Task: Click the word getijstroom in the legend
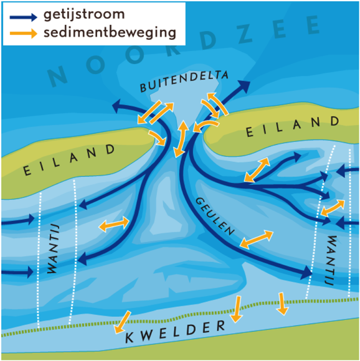[84, 15]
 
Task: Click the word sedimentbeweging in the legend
[110, 33]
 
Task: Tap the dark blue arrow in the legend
[23, 17]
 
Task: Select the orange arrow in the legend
[23, 34]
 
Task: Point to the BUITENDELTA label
[184, 81]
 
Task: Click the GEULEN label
[215, 216]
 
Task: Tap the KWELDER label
[175, 331]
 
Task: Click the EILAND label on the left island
[69, 160]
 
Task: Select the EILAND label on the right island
[293, 126]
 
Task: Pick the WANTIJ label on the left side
[53, 248]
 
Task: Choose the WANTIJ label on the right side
[331, 260]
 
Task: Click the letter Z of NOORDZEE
[246, 34]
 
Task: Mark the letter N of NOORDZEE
[57, 76]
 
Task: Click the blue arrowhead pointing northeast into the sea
[244, 87]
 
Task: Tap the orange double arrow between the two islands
[181, 139]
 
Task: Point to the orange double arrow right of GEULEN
[257, 239]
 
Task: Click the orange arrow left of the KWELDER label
[122, 322]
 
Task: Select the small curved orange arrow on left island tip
[158, 138]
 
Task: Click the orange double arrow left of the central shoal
[114, 224]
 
